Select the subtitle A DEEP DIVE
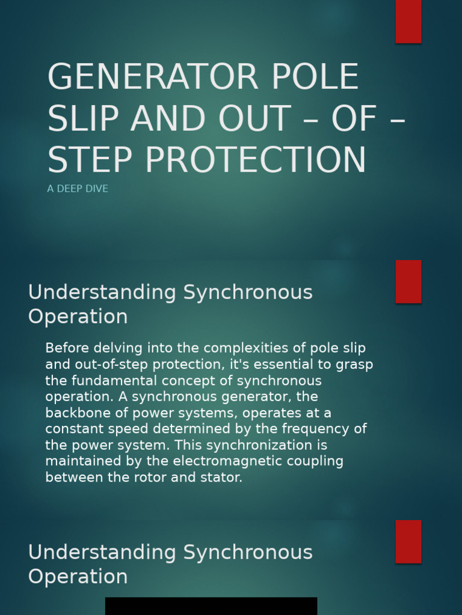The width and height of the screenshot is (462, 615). (78, 189)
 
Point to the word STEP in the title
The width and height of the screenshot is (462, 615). (90, 160)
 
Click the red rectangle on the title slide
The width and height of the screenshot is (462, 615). (408, 21)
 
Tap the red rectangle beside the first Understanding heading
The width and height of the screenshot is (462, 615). (408, 282)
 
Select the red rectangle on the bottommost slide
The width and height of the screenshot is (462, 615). (408, 541)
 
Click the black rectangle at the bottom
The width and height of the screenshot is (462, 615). (211, 606)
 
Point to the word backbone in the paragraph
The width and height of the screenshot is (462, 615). (75, 413)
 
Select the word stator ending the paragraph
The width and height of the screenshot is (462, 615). (223, 478)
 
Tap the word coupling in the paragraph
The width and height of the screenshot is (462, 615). (318, 461)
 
